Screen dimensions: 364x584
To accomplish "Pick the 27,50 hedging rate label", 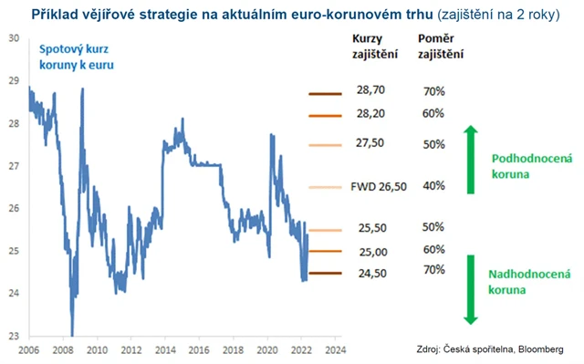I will click(370, 144).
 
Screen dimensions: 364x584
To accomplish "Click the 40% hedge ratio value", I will click(434, 186).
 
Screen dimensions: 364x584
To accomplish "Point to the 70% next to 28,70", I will click(434, 92).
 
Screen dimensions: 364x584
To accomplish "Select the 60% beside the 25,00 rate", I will click(434, 249).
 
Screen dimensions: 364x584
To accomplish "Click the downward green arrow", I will click(471, 287).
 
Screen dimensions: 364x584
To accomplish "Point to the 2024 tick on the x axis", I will click(334, 348).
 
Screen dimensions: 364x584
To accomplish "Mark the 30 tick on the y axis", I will click(13, 38).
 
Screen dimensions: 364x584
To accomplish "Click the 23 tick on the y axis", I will click(13, 336).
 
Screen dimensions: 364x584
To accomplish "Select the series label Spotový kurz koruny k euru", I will click(77, 57).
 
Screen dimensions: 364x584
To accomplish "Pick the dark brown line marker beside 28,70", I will click(324, 94).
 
